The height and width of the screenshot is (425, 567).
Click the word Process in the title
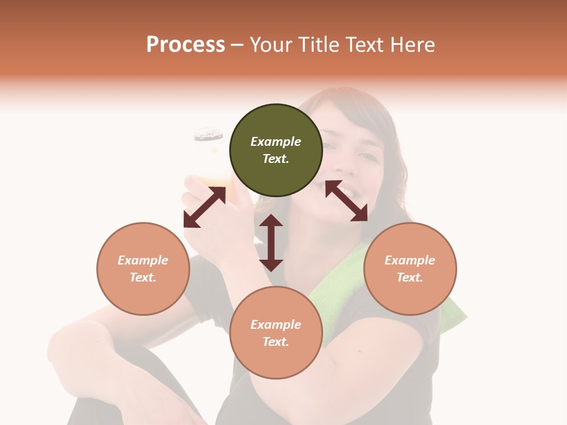pos(185,45)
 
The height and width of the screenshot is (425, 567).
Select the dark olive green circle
pos(276,150)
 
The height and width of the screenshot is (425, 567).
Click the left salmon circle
pos(143,269)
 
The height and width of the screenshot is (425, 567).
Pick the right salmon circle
pos(410,269)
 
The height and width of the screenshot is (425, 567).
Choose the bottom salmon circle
pos(276,333)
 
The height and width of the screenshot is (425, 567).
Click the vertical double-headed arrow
pos(271,243)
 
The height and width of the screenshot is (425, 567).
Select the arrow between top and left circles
pos(204,207)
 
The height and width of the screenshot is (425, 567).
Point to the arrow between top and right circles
pos(346,201)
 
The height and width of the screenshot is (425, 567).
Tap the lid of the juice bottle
pos(209,135)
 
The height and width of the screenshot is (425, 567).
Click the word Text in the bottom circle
pos(276,342)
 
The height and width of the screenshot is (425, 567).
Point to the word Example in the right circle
pos(410,260)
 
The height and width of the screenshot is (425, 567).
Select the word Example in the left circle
pos(143,260)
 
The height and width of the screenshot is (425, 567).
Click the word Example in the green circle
pos(276,142)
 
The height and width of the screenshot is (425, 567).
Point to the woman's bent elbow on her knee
pos(71,348)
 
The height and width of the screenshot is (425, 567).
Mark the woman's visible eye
pos(367,156)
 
